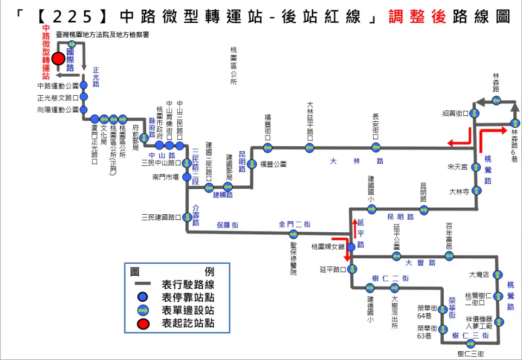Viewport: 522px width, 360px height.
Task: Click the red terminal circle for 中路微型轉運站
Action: click(x=58, y=58)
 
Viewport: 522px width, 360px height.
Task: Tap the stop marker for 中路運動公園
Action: click(x=84, y=85)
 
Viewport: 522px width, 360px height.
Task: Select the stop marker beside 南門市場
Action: click(x=187, y=177)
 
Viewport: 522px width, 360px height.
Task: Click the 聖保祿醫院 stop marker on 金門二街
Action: click(x=294, y=234)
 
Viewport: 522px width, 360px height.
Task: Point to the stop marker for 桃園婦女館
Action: click(x=351, y=247)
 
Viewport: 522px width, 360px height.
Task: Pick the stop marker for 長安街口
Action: click(x=376, y=147)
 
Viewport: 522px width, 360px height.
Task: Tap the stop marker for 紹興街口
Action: click(x=475, y=113)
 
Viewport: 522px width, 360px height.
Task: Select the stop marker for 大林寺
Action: click(x=476, y=190)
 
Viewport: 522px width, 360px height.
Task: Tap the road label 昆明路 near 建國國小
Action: click(x=401, y=216)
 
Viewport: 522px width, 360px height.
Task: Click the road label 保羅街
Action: click(x=228, y=225)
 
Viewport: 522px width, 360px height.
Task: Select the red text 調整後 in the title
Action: click(x=417, y=17)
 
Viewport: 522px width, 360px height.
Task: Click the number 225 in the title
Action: click(x=80, y=17)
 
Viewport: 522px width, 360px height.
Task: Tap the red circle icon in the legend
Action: click(x=142, y=323)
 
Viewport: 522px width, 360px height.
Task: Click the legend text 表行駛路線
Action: click(x=188, y=284)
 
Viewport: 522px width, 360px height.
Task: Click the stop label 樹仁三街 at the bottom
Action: click(x=471, y=353)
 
